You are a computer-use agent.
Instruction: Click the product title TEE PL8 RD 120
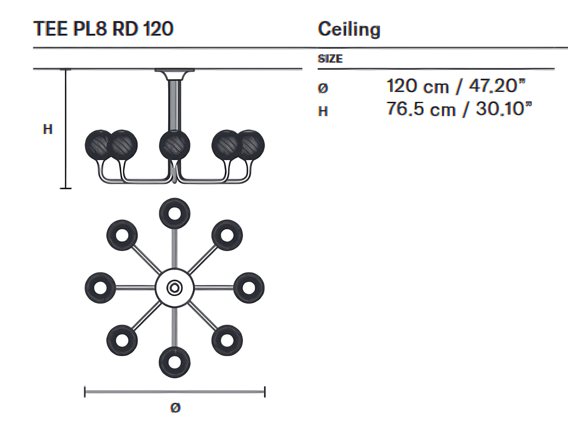(x=103, y=29)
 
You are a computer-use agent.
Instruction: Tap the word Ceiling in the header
(x=349, y=30)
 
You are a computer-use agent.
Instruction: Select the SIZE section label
(x=330, y=59)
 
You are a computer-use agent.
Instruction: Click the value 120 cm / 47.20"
(x=456, y=86)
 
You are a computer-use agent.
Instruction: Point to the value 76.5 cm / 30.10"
(x=459, y=109)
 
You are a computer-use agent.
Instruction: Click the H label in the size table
(x=323, y=111)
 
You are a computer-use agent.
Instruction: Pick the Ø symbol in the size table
(x=323, y=88)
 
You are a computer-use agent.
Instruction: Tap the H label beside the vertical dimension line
(x=48, y=129)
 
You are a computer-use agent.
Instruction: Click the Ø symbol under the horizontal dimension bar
(x=175, y=408)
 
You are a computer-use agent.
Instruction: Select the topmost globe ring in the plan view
(x=175, y=214)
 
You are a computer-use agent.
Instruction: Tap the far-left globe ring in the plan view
(x=100, y=288)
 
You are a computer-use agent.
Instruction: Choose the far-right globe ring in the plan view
(x=249, y=288)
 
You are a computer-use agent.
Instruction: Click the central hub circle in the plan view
(x=175, y=288)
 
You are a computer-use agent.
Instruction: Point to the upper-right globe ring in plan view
(x=227, y=235)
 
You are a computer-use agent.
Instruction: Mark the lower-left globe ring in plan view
(x=122, y=340)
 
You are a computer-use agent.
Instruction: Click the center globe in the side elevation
(x=175, y=145)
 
